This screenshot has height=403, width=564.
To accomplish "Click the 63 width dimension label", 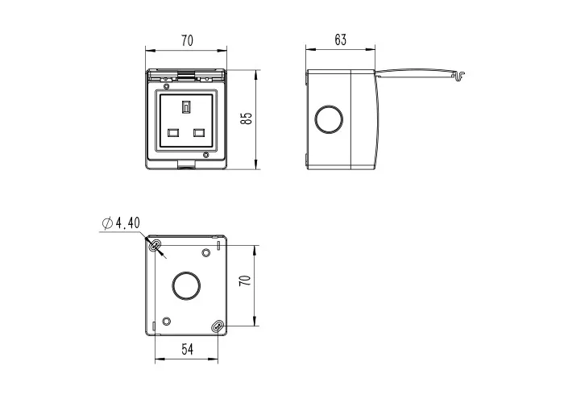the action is coord(340,39).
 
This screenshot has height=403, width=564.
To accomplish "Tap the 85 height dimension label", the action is coord(246,118).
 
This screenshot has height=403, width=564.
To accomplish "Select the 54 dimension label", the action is coord(187,349).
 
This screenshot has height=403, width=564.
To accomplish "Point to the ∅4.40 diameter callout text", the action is coord(121,223).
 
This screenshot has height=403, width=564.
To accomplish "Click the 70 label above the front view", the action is coord(187,40).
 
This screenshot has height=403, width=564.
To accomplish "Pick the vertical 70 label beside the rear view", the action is coord(245,280).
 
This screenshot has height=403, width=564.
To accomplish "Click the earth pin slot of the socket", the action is coord(186,107).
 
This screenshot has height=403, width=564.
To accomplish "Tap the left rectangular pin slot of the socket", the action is coord(173,133).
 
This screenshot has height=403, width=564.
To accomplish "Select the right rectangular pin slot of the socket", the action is coord(199,133).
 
